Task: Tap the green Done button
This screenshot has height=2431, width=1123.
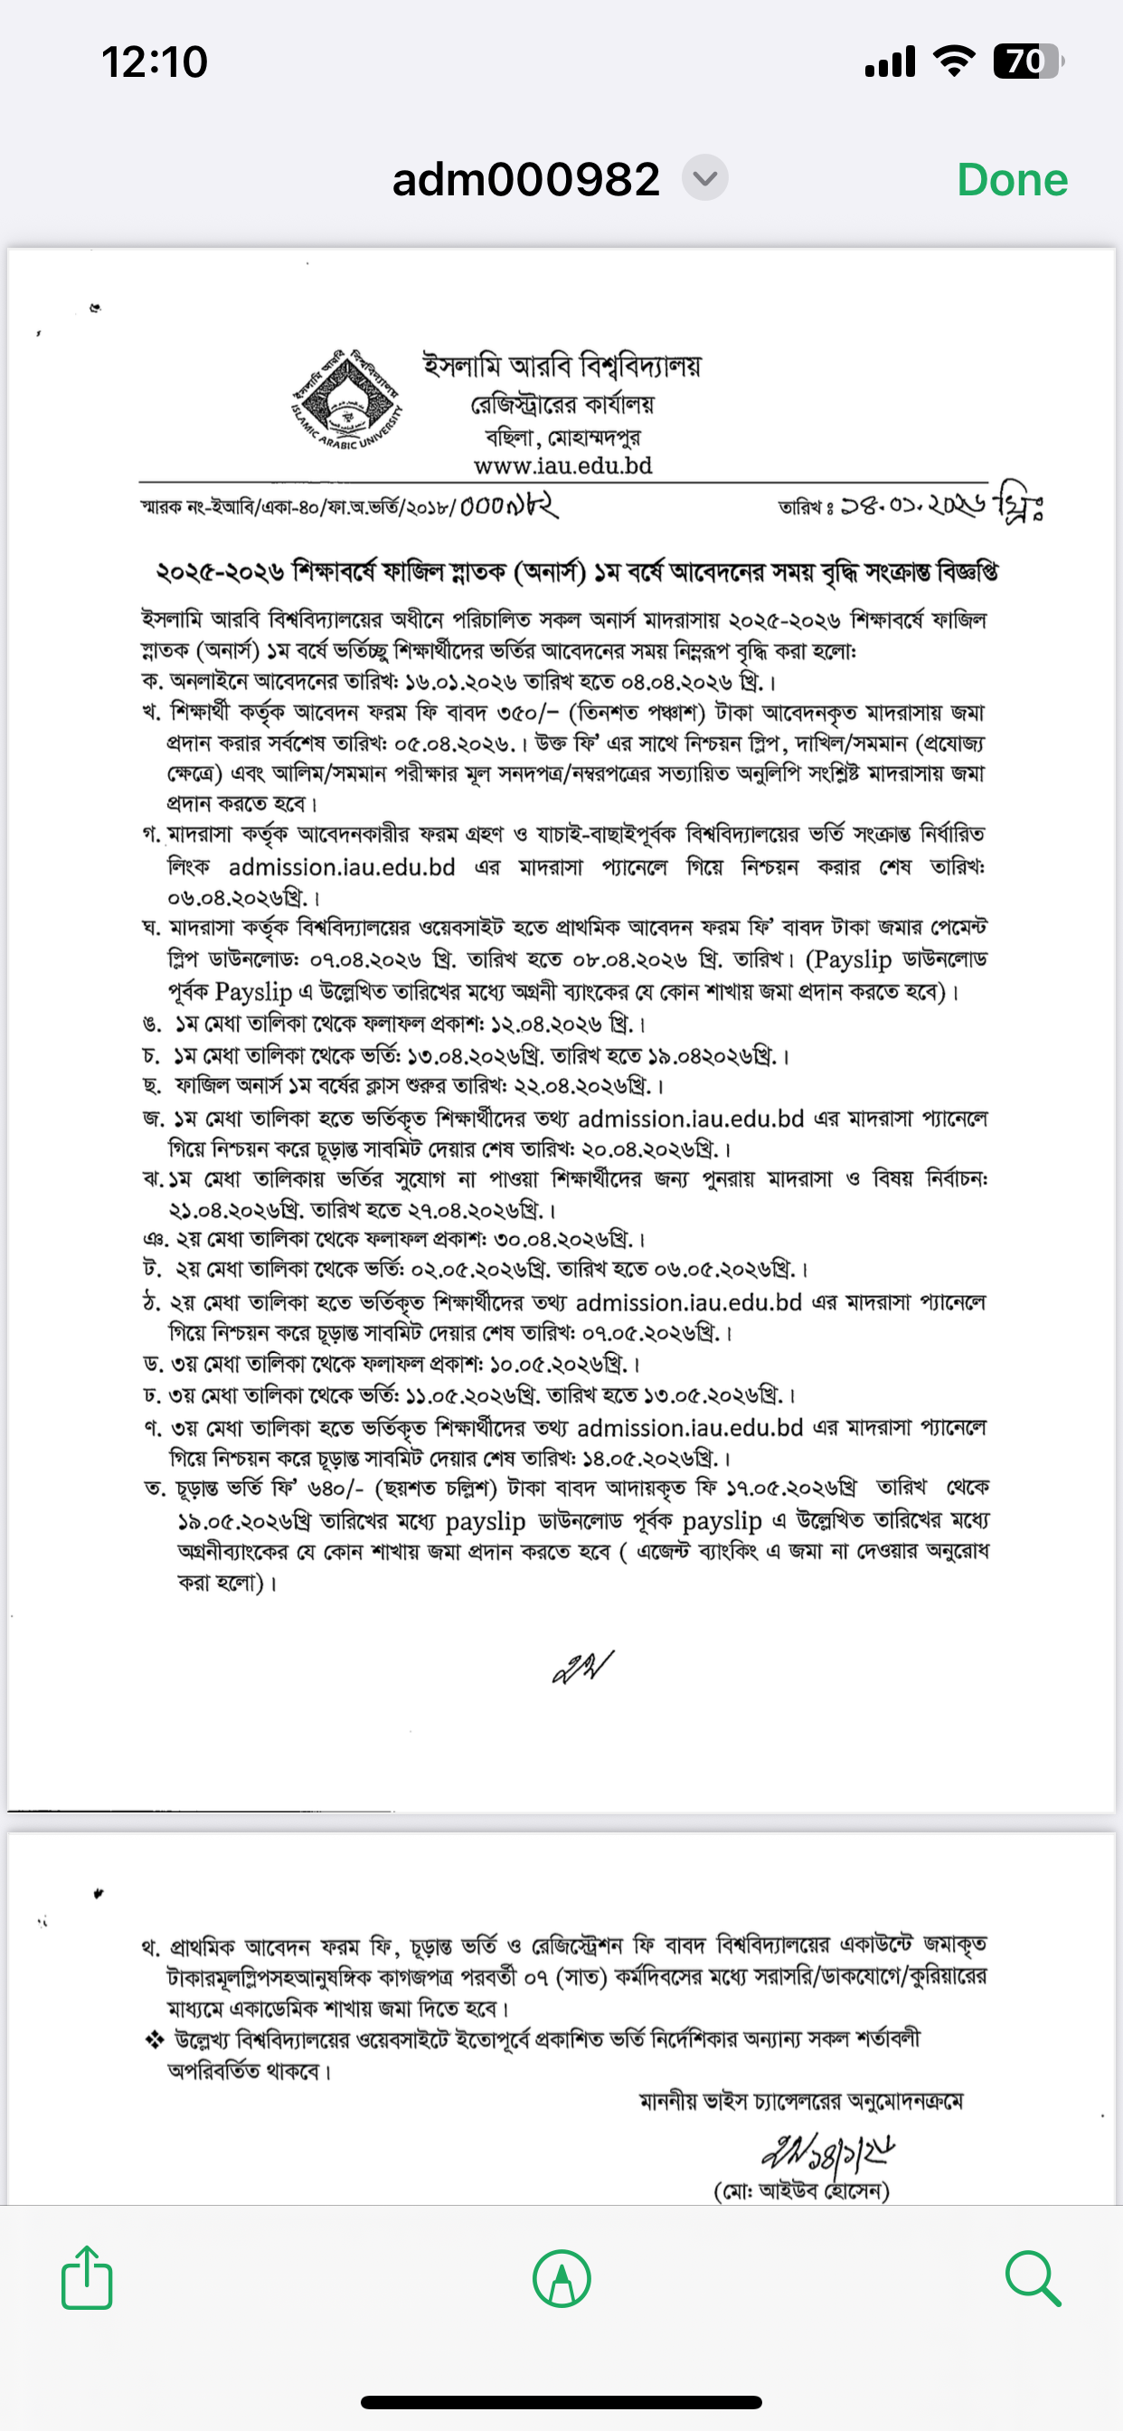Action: (x=1012, y=179)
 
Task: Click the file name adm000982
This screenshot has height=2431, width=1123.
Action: (x=525, y=179)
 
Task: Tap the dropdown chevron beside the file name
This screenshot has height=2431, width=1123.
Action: (x=705, y=177)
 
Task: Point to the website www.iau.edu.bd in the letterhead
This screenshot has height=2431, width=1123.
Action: (x=562, y=465)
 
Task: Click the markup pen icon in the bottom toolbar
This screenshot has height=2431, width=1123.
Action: (x=561, y=2279)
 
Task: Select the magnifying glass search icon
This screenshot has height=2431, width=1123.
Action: (x=1033, y=2278)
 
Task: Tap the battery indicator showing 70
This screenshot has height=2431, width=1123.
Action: (x=1027, y=62)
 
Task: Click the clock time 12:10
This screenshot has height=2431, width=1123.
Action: (x=154, y=62)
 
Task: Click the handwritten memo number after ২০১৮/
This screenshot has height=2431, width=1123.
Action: (x=509, y=506)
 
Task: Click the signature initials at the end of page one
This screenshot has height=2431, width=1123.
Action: (x=582, y=1667)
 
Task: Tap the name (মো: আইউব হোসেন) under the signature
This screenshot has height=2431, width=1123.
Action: (x=801, y=2190)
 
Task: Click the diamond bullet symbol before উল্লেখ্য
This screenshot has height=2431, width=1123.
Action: (x=154, y=2040)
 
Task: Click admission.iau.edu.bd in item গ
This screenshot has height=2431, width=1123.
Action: (x=342, y=867)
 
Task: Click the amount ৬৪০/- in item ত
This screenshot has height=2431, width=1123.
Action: (x=335, y=1489)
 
